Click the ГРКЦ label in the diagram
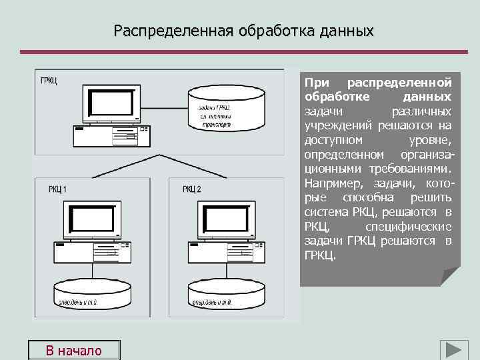tap(49, 81)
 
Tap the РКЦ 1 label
tap(57, 189)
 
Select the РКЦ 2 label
tap(191, 189)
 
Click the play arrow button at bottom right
tap(453, 350)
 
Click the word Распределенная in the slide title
tap(165, 31)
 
